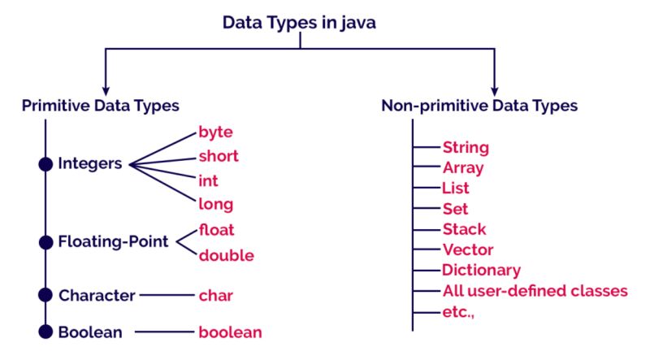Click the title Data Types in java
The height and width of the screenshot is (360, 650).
(x=300, y=23)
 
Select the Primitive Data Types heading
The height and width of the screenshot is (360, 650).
(x=101, y=106)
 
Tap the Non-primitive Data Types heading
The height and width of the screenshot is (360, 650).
(x=479, y=106)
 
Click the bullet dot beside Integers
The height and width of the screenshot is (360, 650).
(x=45, y=164)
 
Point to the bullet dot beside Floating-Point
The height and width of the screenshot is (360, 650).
(x=45, y=241)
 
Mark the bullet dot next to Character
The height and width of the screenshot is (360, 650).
(x=45, y=294)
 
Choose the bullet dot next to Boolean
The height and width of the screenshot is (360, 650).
(x=45, y=332)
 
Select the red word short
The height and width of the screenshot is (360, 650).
(x=219, y=156)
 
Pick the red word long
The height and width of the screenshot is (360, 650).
(x=215, y=203)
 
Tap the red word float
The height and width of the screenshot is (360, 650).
(x=216, y=230)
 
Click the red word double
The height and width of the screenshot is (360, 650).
(x=226, y=255)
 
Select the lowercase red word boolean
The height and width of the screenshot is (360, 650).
(x=230, y=332)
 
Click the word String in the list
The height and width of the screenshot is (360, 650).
(x=466, y=148)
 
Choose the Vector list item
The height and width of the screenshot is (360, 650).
(x=467, y=249)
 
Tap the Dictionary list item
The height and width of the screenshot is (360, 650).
(x=481, y=270)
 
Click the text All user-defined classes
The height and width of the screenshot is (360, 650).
(x=535, y=291)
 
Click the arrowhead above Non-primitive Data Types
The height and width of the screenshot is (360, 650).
(x=494, y=87)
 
